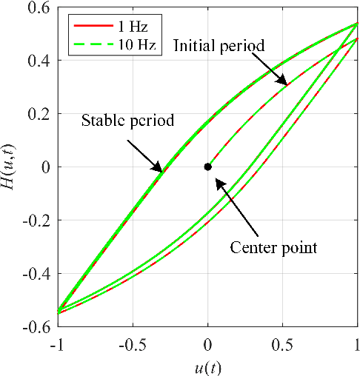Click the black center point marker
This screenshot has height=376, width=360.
coord(208,167)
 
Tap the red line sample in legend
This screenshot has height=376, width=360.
coord(88,25)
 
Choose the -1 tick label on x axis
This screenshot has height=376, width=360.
coord(56,345)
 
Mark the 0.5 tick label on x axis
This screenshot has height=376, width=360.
coord(283,345)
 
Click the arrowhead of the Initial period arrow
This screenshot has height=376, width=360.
coord(284,84)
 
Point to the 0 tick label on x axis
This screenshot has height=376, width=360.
coord(208,345)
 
